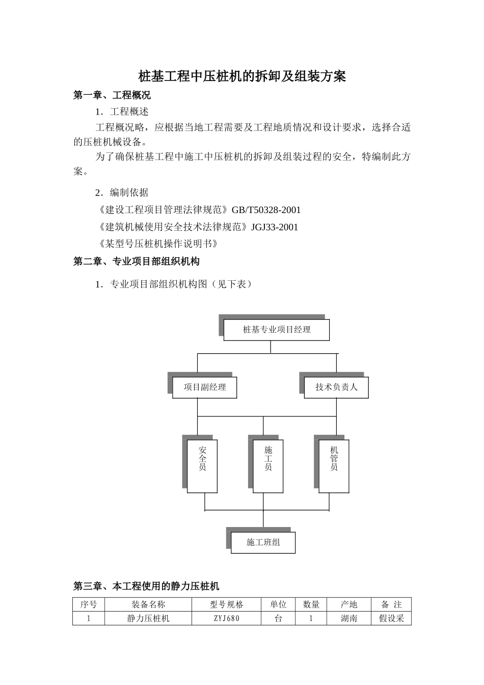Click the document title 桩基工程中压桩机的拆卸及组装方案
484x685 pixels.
point(242,76)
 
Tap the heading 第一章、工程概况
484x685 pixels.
point(112,95)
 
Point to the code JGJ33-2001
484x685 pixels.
point(275,227)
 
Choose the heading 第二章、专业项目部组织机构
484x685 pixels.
point(137,261)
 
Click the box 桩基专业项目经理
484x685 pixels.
point(277,330)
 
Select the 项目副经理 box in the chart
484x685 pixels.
point(205,387)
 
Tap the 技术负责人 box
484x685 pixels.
point(336,387)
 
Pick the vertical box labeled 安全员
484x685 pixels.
point(202,466)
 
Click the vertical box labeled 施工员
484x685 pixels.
point(268,466)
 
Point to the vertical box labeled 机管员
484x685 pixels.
point(334,466)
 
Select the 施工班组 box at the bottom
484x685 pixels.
point(263,542)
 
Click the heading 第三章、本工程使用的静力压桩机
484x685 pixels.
point(146,586)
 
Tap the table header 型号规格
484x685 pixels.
point(227,604)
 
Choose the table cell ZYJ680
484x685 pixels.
point(227,618)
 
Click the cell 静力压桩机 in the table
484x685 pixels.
point(148,618)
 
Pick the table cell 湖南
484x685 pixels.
point(349,618)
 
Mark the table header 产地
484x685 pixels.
point(349,604)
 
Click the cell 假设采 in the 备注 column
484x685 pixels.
point(391,618)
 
